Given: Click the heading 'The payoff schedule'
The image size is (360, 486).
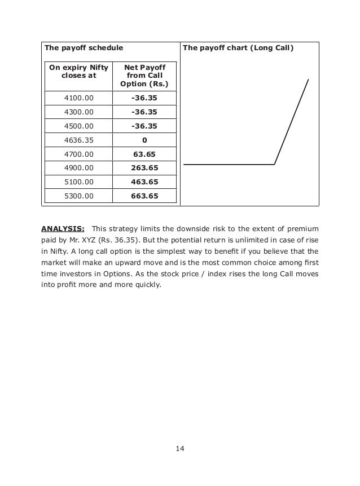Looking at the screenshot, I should click(x=84, y=48).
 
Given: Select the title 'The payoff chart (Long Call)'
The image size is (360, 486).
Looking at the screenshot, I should click(x=238, y=48).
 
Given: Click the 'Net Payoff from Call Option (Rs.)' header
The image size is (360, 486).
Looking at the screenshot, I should click(x=144, y=76).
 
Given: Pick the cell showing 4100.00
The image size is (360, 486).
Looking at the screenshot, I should click(x=78, y=98).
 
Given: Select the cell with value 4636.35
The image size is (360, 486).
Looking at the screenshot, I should click(x=78, y=140).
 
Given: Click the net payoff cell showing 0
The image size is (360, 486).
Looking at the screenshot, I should click(x=144, y=140).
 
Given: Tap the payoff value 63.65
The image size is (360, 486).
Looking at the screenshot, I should click(x=144, y=154).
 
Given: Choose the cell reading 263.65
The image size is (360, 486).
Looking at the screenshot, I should click(x=144, y=168).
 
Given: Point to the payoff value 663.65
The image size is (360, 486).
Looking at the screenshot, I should click(x=144, y=196).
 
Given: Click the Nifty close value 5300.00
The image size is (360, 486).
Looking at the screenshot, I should click(x=78, y=196).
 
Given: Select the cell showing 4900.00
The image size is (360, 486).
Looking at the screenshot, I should click(x=78, y=168).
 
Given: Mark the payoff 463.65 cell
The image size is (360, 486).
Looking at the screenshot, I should click(x=144, y=182).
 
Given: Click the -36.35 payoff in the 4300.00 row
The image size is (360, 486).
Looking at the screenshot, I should click(x=144, y=112).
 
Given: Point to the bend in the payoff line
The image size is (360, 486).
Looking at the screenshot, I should click(x=275, y=164).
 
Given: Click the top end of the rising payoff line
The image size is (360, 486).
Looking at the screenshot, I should click(x=308, y=79).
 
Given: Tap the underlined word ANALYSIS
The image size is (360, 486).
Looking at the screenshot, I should click(x=63, y=229).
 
